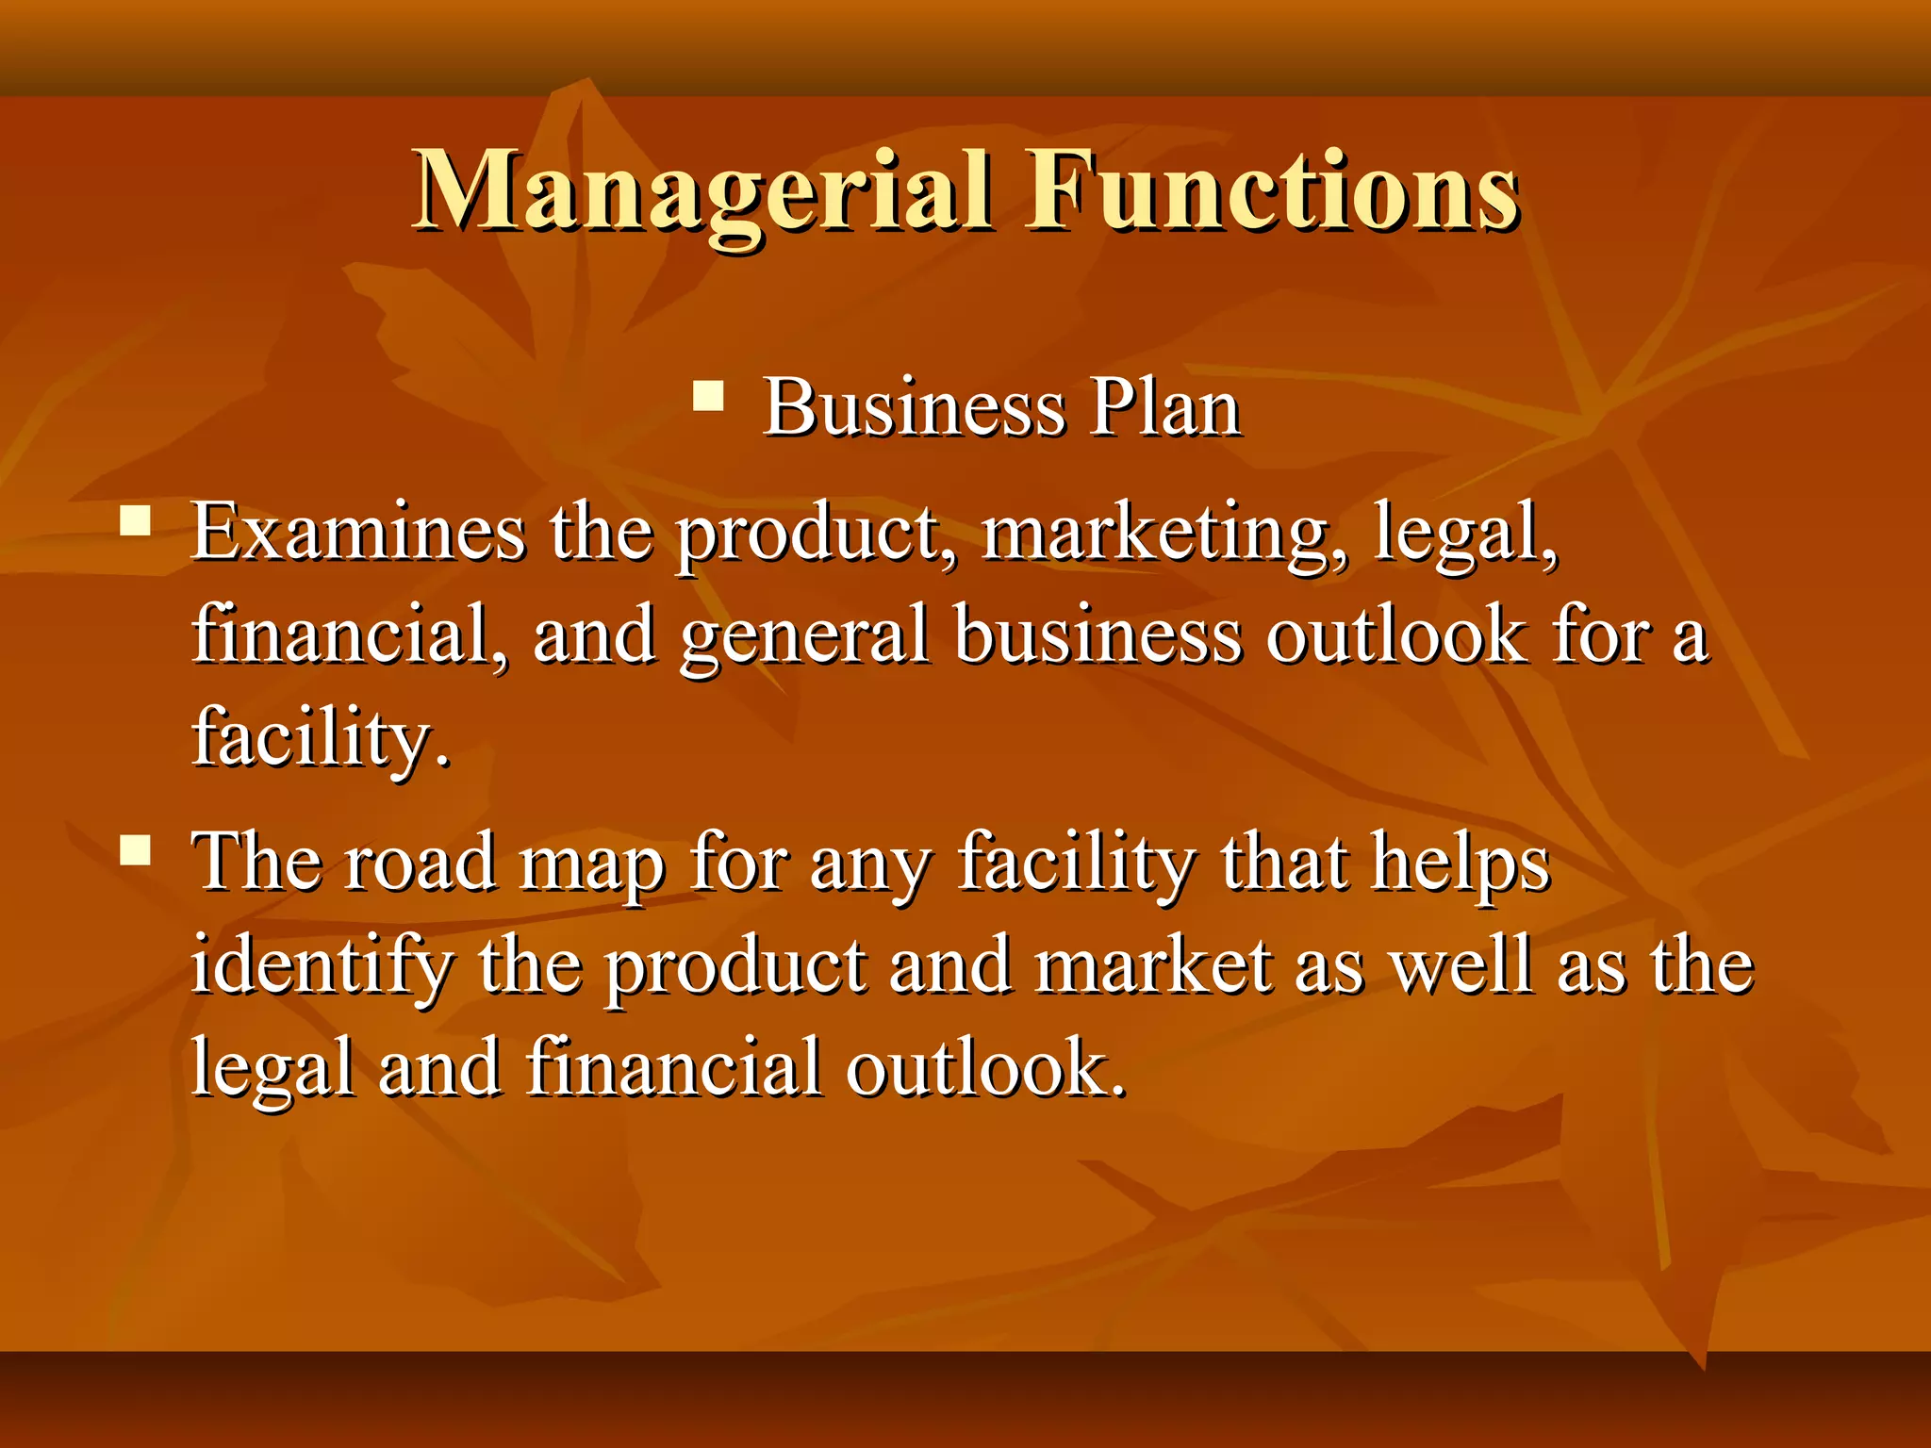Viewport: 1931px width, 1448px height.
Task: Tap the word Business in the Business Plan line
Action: [914, 408]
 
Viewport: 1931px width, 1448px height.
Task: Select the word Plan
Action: [1165, 408]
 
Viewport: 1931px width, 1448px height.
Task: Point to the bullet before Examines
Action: [136, 521]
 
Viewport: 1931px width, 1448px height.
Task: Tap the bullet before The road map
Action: [136, 850]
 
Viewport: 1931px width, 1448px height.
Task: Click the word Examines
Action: [358, 534]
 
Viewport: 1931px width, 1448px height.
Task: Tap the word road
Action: [420, 863]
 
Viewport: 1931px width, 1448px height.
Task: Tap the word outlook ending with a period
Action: [985, 1069]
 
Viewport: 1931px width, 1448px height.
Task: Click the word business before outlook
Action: [1098, 635]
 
